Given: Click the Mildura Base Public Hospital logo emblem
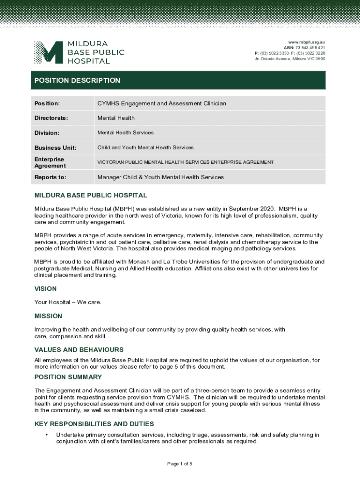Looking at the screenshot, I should point(48,52).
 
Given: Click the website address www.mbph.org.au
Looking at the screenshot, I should point(307,42).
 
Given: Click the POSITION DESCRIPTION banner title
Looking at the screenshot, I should point(77,80).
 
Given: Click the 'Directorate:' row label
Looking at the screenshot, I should point(51,118).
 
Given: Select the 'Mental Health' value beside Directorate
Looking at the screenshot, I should point(116,118).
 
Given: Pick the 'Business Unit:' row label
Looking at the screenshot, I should point(55,148).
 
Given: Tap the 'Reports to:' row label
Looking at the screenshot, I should point(50,177).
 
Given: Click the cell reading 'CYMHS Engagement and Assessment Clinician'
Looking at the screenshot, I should point(161,103).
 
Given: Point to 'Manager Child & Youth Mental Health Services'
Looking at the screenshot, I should point(160,177).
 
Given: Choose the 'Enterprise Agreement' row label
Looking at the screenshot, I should point(50,162).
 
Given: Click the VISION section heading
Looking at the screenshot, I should point(45,289).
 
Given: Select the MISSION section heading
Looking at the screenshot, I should point(48,316).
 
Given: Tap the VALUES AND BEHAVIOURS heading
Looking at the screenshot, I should point(79,349).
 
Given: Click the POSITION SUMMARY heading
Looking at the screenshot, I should point(68,377).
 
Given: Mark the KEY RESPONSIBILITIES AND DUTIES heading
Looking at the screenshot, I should point(94,424).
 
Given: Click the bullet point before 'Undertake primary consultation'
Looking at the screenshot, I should point(46,435).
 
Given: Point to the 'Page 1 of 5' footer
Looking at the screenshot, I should point(180,464).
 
